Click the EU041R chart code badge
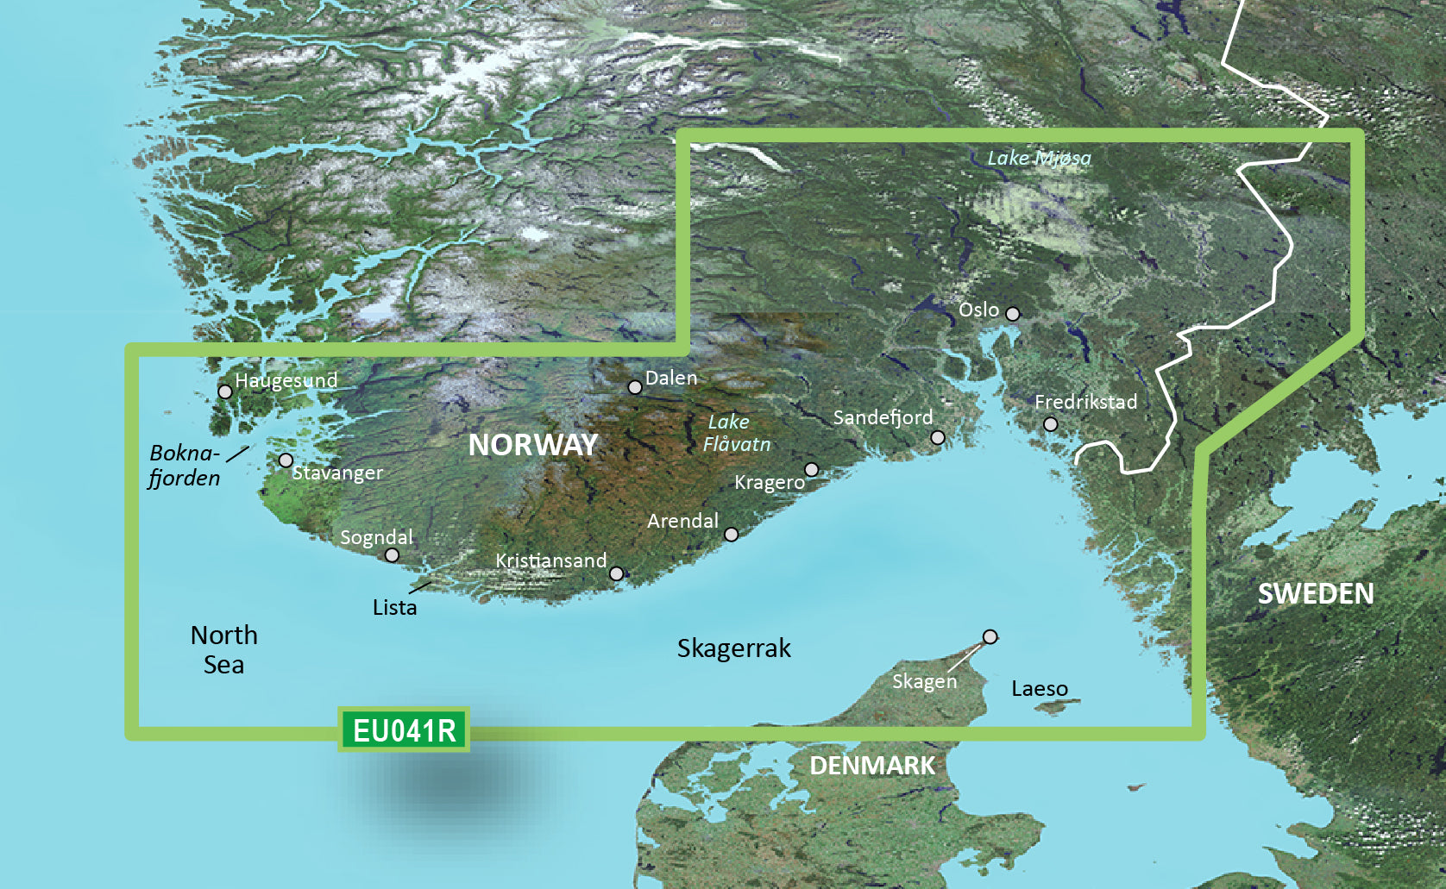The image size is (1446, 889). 404,730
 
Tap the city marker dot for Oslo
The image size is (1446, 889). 1013,314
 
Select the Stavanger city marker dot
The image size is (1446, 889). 286,460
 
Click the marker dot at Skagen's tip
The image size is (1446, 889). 990,637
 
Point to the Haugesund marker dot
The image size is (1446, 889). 225,391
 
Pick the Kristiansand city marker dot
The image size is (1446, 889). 617,573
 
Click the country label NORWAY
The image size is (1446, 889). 532,445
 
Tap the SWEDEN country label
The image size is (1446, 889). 1315,593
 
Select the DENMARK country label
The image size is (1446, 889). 871,765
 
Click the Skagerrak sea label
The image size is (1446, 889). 733,648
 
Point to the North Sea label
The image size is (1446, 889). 223,649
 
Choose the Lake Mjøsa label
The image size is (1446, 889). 1039,158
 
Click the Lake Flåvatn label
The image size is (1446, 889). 736,433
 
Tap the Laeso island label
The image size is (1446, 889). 1039,689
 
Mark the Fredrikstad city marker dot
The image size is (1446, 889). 1051,424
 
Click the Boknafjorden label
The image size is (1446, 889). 185,465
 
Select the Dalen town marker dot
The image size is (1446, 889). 635,388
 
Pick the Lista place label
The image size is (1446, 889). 394,607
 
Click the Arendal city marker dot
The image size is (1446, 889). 732,535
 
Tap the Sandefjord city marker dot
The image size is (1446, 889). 938,438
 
